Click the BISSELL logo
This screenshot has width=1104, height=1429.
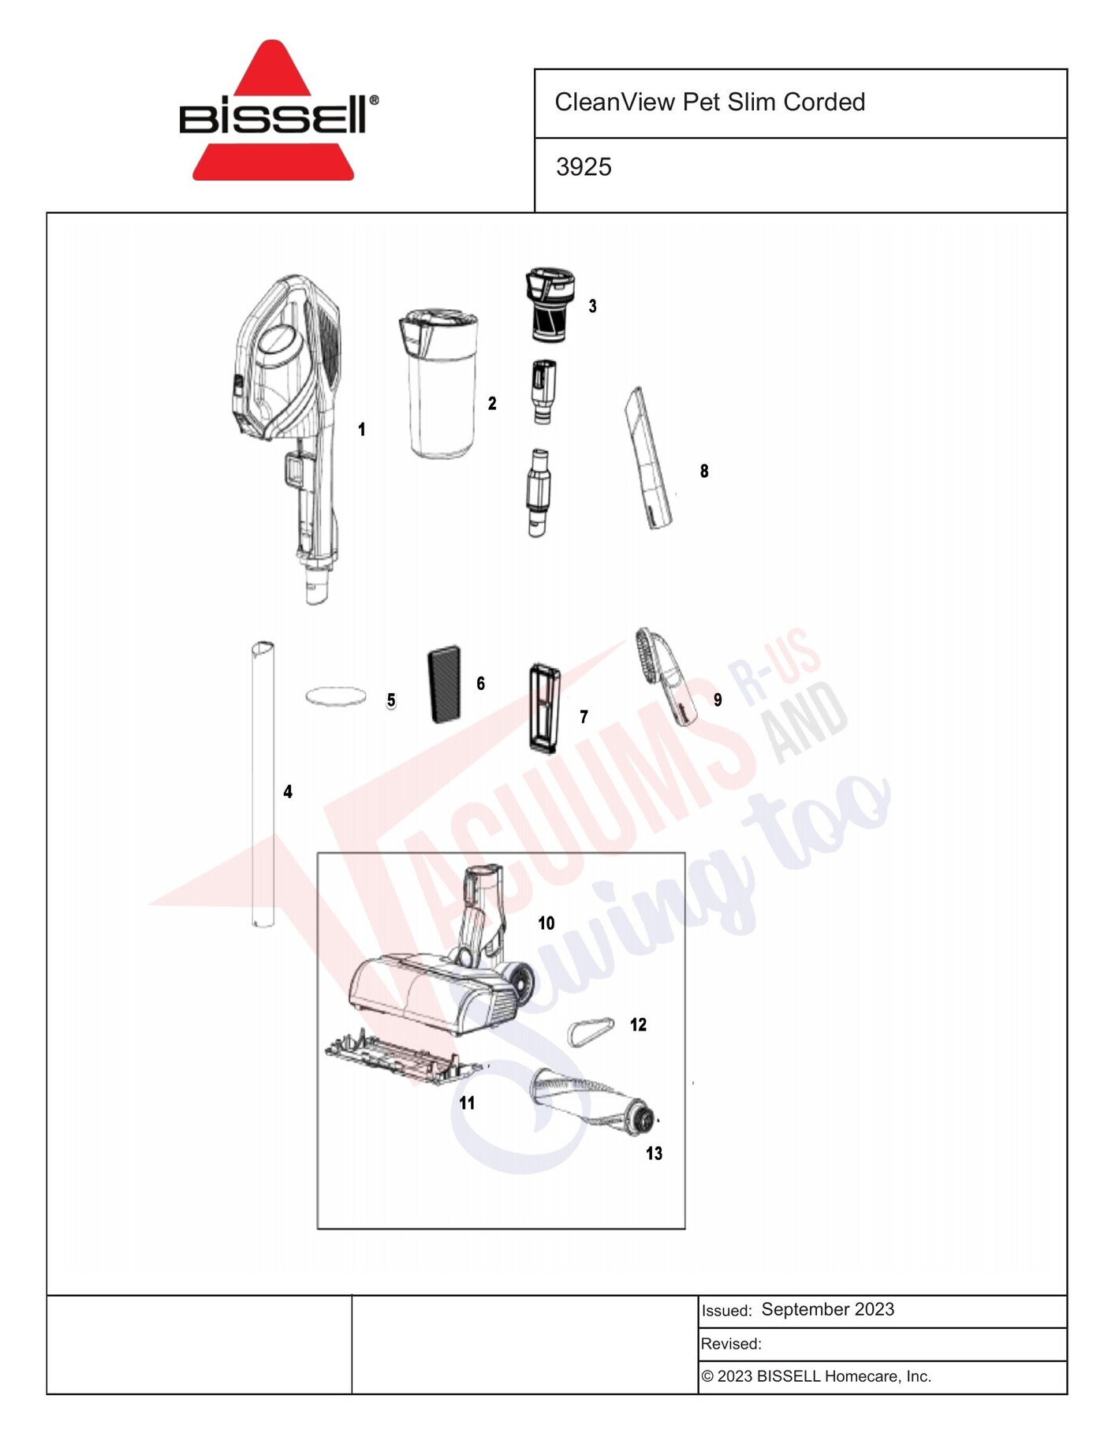coord(278,110)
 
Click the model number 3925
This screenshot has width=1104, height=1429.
coord(584,167)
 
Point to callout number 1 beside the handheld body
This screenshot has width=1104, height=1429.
coord(362,430)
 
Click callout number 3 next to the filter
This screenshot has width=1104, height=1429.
coord(592,306)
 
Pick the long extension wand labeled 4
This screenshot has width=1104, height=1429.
coord(263,784)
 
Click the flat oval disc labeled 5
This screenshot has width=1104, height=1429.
coord(336,696)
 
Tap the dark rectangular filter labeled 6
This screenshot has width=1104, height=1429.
coord(445,685)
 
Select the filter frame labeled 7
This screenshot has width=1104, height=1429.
coord(544,708)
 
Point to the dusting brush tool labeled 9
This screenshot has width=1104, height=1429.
coord(667,675)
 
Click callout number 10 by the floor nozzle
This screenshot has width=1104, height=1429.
coord(546,923)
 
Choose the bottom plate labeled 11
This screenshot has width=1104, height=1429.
coord(403,1057)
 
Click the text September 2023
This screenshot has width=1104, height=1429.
coord(827,1310)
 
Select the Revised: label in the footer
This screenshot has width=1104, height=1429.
coord(731,1344)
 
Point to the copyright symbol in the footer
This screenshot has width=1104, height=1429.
coord(707,1377)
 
